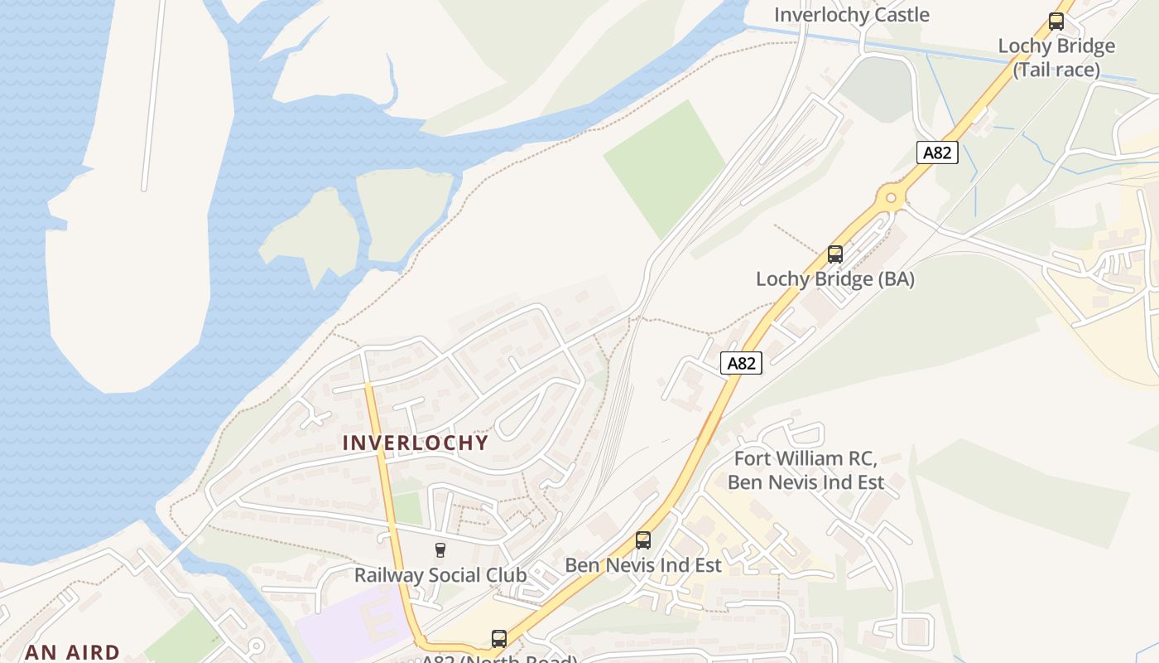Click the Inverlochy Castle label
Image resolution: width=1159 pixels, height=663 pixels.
click(x=851, y=15)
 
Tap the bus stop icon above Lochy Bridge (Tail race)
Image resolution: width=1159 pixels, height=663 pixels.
click(x=1056, y=22)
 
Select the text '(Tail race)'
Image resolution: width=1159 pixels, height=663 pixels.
click(x=1056, y=70)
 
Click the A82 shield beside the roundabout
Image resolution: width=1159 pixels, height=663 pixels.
click(x=937, y=152)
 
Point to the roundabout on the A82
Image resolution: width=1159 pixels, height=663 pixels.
click(x=891, y=198)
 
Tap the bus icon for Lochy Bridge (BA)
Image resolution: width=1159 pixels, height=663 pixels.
click(x=835, y=254)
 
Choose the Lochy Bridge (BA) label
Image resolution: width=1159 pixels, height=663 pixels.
click(x=834, y=279)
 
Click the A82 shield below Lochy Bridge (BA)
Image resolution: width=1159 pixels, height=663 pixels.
click(x=741, y=363)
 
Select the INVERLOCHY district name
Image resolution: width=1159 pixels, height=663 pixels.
click(x=416, y=443)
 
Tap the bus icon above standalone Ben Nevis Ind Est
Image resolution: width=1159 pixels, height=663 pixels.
click(x=643, y=540)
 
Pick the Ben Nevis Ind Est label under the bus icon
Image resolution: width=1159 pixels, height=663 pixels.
click(x=643, y=565)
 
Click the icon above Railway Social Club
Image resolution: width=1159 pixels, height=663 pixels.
click(x=440, y=549)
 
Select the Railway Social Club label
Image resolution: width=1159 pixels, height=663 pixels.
click(x=440, y=574)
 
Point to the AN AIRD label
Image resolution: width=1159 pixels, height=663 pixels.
click(x=73, y=652)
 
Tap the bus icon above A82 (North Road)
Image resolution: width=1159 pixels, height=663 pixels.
click(x=498, y=638)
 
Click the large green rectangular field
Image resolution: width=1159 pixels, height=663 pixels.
click(x=665, y=168)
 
